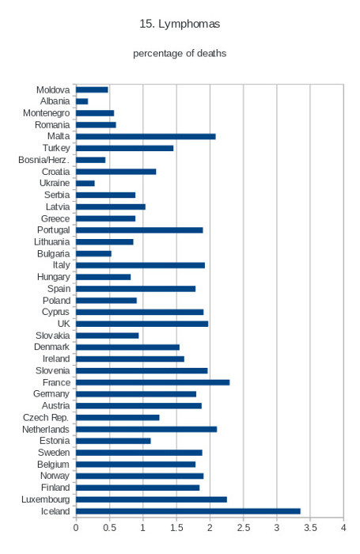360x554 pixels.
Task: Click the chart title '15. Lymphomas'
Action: tap(180, 24)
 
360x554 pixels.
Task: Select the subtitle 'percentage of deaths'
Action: tap(180, 53)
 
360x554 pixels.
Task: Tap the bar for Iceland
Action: tap(188, 511)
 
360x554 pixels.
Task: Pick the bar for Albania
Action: tap(82, 101)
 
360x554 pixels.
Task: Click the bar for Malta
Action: tap(146, 136)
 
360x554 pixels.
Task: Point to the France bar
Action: tap(153, 382)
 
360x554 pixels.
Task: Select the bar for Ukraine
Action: tap(85, 184)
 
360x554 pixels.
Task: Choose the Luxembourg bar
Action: tap(151, 499)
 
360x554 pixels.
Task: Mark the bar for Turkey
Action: tap(125, 148)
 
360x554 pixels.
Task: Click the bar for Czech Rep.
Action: tap(118, 417)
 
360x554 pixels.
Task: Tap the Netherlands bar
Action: tap(146, 429)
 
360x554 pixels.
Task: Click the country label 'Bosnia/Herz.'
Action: tap(44, 160)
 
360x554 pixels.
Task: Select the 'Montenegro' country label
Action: tap(46, 113)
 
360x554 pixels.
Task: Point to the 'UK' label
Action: tap(63, 324)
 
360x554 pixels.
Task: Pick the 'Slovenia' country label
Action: tap(53, 370)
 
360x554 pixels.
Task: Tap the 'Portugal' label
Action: tap(54, 230)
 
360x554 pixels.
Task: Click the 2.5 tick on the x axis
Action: tap(244, 528)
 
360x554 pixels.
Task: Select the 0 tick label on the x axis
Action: tap(76, 528)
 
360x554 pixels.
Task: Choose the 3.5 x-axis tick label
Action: tap(310, 528)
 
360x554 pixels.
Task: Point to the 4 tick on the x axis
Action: tap(343, 528)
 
